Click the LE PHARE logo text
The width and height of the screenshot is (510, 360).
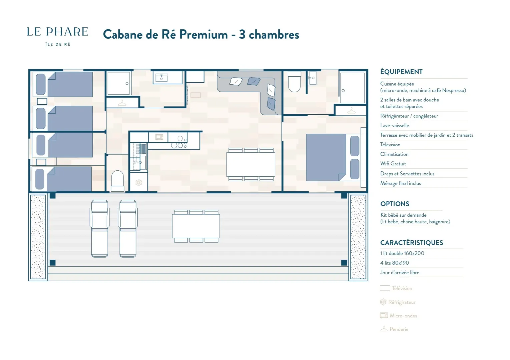click(58, 32)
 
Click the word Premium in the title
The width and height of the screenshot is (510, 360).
click(203, 35)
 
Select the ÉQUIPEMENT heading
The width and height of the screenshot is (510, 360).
click(401, 72)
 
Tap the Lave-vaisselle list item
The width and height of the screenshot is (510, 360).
click(395, 125)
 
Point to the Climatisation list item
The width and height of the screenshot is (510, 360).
click(394, 154)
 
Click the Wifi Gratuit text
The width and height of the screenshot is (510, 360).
click(393, 164)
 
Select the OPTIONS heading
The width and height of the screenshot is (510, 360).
click(395, 204)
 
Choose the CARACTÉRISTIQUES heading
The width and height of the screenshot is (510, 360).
click(412, 243)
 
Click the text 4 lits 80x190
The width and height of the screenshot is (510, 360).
click(395, 263)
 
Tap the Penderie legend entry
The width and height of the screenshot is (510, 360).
click(394, 329)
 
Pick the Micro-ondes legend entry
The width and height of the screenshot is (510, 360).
click(399, 316)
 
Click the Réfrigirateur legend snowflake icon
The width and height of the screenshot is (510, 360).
click(383, 302)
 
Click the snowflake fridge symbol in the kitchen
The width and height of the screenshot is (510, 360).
click(139, 182)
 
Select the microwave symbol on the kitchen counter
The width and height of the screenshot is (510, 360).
click(159, 137)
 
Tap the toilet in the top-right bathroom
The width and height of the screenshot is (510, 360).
click(295, 82)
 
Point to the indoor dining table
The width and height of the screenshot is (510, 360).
click(251, 164)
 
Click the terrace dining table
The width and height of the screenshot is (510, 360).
click(196, 226)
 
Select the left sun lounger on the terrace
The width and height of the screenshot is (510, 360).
click(99, 229)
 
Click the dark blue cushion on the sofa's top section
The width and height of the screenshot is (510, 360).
click(253, 81)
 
